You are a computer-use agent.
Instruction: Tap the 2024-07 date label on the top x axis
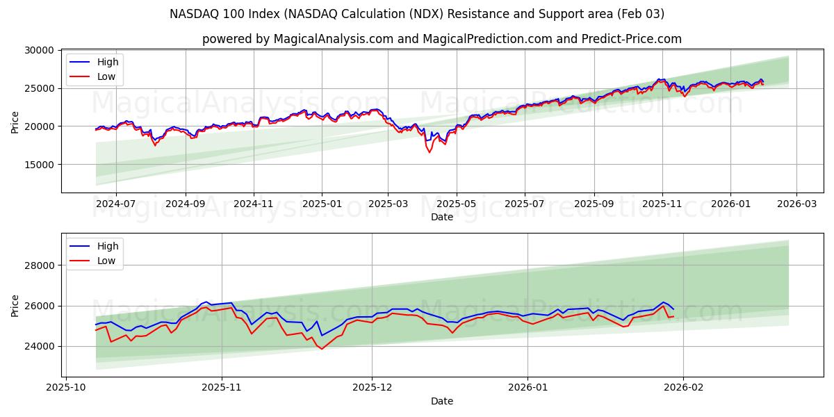tap(115, 204)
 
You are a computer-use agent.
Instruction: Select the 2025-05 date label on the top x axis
tap(456, 204)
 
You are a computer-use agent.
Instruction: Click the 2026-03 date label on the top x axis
tap(796, 204)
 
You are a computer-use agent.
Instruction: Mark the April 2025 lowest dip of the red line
tap(430, 152)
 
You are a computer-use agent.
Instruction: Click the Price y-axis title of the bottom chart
tap(15, 305)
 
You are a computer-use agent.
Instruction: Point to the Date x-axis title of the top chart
tap(441, 217)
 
